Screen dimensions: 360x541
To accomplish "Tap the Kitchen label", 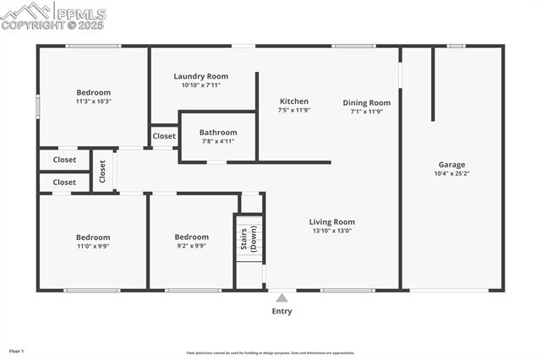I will tap(294, 101).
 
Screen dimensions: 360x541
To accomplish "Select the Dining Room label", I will tap(367, 103).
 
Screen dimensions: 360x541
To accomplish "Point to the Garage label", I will tap(451, 165).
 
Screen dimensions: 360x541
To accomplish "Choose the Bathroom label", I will tap(218, 133).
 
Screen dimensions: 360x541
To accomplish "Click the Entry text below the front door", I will tap(281, 312).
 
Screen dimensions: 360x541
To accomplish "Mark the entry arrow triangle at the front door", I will tap(281, 297).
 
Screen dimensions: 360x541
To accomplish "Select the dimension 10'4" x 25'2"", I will tap(451, 174).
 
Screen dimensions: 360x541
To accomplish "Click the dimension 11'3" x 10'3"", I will tap(93, 101).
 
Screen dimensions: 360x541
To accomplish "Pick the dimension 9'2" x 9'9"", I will tap(191, 246).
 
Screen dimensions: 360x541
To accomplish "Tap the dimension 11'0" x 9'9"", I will tap(93, 246).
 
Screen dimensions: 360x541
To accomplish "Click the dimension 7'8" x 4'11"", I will tap(218, 141).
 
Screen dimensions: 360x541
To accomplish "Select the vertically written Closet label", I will tap(102, 172).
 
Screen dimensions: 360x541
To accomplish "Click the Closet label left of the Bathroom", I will tap(164, 136).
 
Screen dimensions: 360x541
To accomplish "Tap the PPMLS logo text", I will tap(81, 14).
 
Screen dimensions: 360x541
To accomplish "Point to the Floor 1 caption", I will tap(17, 351).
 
